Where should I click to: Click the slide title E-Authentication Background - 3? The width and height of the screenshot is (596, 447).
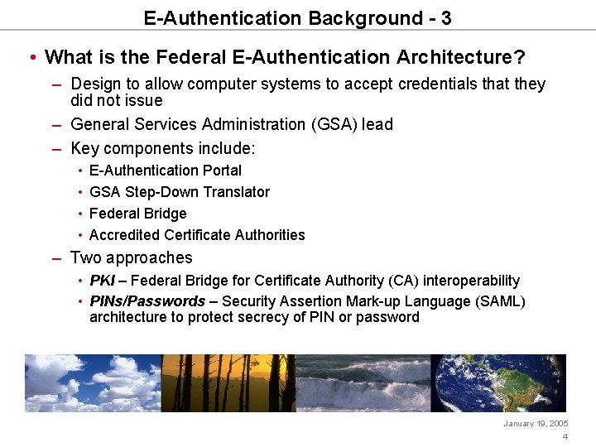click(x=297, y=17)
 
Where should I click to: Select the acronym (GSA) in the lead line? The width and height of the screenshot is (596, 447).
click(x=333, y=124)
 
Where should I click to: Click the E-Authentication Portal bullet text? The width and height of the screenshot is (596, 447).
click(x=165, y=171)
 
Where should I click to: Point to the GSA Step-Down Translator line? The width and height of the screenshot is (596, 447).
click(x=179, y=192)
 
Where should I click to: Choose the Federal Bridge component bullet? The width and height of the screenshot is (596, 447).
click(x=137, y=214)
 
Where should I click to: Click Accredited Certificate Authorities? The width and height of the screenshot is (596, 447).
click(x=197, y=235)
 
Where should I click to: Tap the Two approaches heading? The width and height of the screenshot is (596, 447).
click(x=131, y=258)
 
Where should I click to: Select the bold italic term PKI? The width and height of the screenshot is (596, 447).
click(x=102, y=281)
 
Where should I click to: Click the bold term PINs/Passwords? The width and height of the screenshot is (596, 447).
click(x=147, y=301)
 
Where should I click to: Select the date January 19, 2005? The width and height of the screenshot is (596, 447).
click(x=536, y=423)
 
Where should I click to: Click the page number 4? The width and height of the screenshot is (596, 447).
click(x=565, y=437)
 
